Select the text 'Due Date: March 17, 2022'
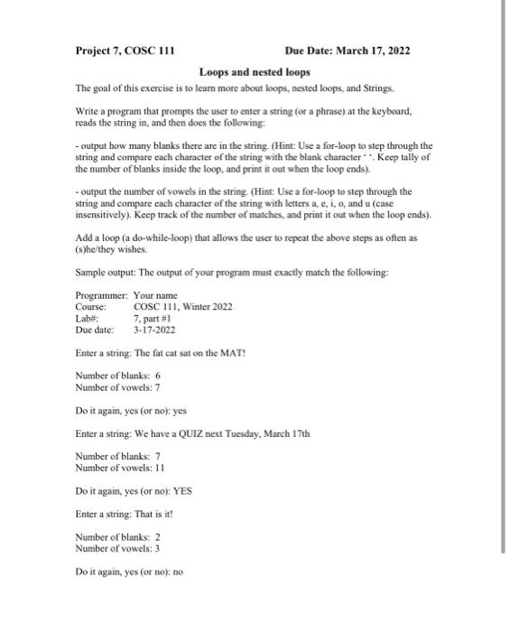tap(347, 51)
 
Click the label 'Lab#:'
tap(87, 319)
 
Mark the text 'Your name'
tap(155, 295)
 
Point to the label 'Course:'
tap(91, 307)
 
